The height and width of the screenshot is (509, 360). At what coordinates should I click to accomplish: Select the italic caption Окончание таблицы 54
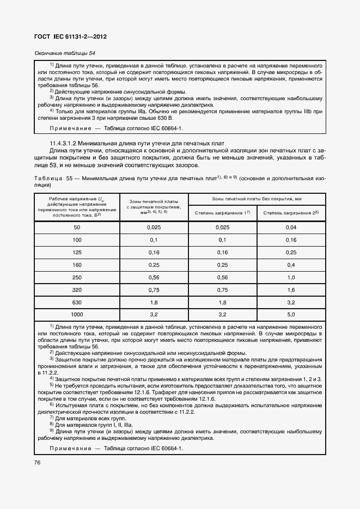pos(64,53)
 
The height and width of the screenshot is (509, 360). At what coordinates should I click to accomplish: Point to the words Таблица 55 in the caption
pos(53,178)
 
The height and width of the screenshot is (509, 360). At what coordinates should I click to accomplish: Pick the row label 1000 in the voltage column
pos(77,315)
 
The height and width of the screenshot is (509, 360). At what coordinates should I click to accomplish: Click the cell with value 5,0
pos(291,315)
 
